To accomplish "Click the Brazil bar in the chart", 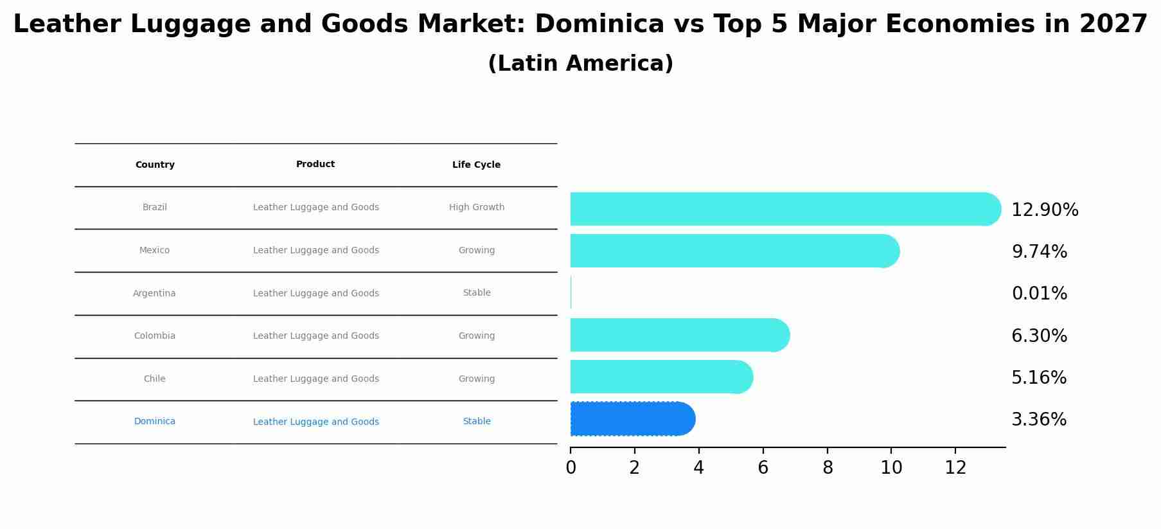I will tap(784, 209).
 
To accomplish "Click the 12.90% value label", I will tap(1045, 210).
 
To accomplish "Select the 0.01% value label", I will tap(1039, 294).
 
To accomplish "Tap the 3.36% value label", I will tap(1038, 420).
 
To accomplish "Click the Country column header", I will tap(155, 165).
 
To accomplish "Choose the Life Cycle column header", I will tap(476, 165).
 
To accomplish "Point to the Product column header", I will tap(315, 165).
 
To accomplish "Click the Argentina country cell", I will tap(154, 293).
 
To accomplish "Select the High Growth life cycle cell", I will tap(476, 208).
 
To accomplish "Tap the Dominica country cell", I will tap(154, 422).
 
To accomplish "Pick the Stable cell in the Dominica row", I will tap(476, 422).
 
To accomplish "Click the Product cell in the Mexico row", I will tap(315, 251).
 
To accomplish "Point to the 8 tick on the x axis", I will tap(828, 468).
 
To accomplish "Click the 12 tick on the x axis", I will tap(955, 468).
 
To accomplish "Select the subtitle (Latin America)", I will tap(580, 64).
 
